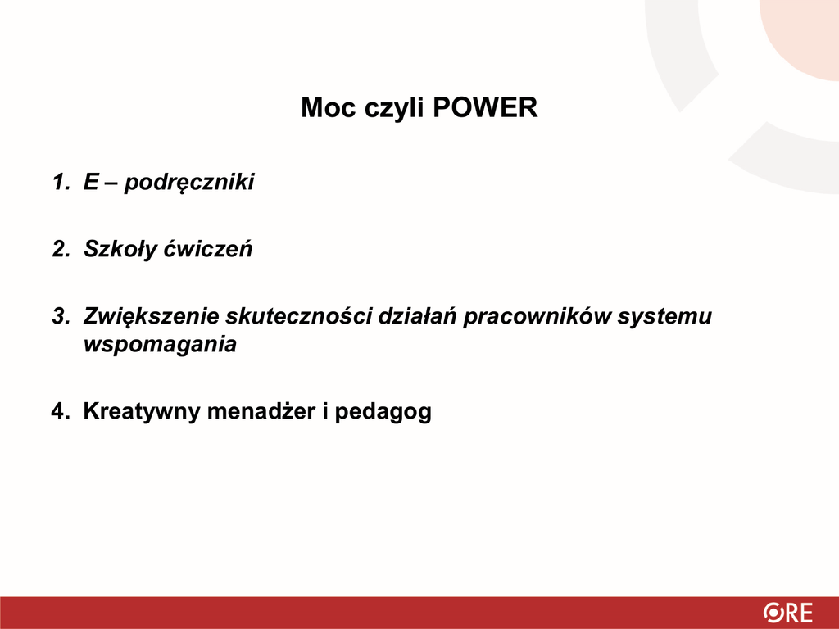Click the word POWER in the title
(x=485, y=107)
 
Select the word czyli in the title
(x=394, y=109)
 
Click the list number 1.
(x=61, y=182)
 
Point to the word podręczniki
(x=189, y=183)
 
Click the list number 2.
(x=61, y=249)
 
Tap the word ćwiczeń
(x=207, y=249)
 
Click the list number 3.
(x=61, y=317)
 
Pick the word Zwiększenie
(x=152, y=317)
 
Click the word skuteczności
(x=298, y=317)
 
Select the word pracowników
(x=537, y=317)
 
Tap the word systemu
(x=664, y=319)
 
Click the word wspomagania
(x=160, y=346)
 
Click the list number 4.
(x=61, y=412)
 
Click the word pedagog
(x=383, y=413)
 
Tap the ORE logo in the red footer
(x=787, y=613)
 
